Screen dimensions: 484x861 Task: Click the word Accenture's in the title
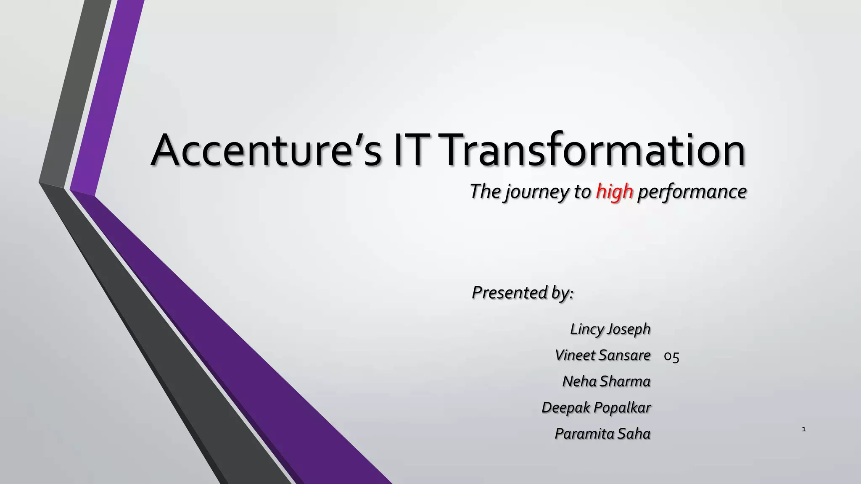point(266,150)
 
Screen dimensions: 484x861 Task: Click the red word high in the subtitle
point(614,192)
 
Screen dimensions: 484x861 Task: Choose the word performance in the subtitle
point(692,192)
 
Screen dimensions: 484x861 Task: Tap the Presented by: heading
point(523,292)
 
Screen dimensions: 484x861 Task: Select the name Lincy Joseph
point(610,329)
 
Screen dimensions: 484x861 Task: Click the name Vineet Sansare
point(602,355)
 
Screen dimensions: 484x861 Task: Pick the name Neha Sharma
point(606,381)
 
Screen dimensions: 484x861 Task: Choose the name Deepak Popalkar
point(596,408)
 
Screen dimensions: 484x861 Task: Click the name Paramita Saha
point(602,434)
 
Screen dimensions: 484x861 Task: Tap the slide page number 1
point(804,429)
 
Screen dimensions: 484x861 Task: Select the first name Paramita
point(584,434)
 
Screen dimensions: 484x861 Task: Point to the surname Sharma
point(625,381)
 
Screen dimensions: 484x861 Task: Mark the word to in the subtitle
point(582,192)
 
